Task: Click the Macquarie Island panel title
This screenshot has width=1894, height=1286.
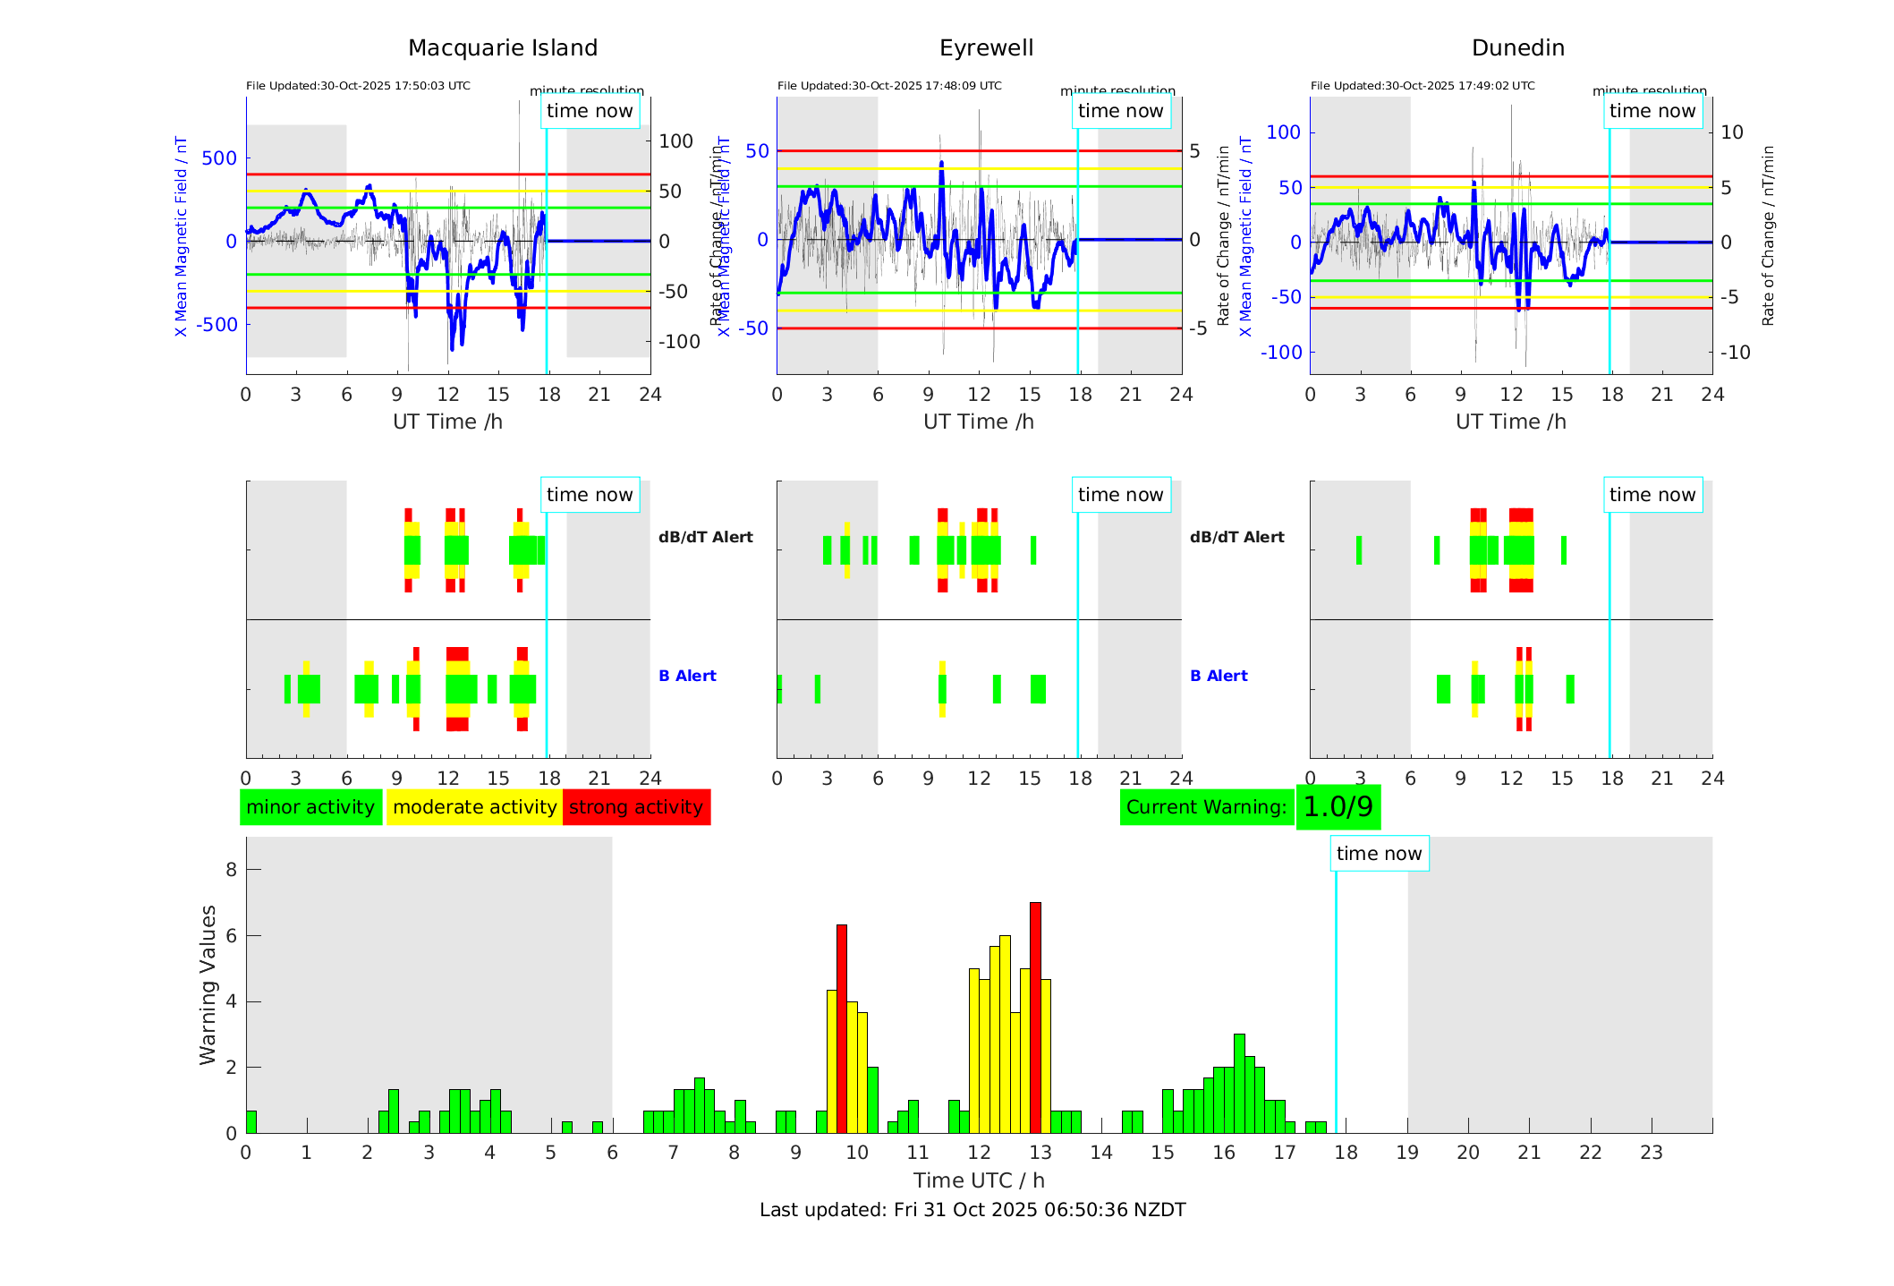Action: point(503,48)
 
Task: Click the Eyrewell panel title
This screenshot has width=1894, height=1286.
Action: point(986,48)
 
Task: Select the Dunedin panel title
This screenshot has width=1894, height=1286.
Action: point(1517,48)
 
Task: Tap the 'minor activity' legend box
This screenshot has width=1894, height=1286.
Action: point(310,807)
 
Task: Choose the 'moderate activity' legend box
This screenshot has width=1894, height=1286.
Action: point(474,807)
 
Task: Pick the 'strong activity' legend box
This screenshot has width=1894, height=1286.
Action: point(636,807)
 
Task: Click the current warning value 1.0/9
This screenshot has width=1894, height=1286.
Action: point(1338,807)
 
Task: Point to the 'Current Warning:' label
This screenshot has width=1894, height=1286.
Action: point(1206,807)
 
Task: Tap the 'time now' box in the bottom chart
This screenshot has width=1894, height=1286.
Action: point(1379,854)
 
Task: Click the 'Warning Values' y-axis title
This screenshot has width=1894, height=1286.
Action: point(208,984)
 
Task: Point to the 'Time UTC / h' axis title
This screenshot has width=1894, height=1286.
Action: point(979,1180)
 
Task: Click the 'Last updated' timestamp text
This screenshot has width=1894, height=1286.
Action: point(972,1210)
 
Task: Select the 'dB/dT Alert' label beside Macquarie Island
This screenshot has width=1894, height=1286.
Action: point(705,537)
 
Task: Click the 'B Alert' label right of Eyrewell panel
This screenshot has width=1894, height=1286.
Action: point(1219,676)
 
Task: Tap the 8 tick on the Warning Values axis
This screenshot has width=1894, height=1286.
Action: point(232,870)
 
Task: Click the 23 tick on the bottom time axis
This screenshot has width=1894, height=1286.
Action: point(1651,1153)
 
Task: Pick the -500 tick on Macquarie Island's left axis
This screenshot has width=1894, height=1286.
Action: point(217,325)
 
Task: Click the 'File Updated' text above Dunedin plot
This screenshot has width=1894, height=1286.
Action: point(1423,86)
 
